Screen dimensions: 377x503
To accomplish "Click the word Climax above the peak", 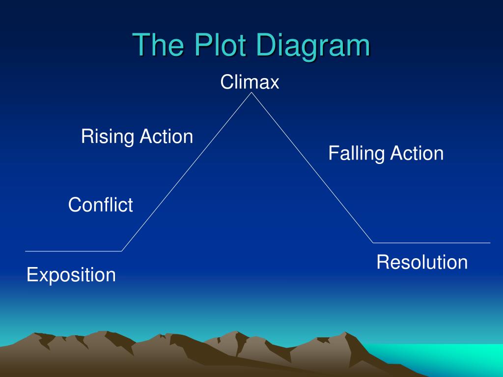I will tap(250, 82).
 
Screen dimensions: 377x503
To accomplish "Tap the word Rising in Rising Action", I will tap(108, 136).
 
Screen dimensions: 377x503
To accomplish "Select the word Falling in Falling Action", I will tap(357, 154).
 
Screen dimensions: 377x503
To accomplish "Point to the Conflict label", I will tap(100, 205).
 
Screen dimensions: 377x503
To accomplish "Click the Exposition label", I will tap(71, 275).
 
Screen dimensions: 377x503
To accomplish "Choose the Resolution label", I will tap(422, 262).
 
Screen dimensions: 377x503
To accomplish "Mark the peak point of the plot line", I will tap(252, 93).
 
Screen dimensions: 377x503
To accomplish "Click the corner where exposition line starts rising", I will tap(122, 251).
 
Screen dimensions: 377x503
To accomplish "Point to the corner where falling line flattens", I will tap(373, 242).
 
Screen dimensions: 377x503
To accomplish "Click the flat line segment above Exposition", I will tap(74, 251).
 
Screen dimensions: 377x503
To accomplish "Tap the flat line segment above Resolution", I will tap(432, 242).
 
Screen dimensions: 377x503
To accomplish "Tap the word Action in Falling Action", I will tap(417, 154).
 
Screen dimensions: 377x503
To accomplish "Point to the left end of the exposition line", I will tap(26, 251).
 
